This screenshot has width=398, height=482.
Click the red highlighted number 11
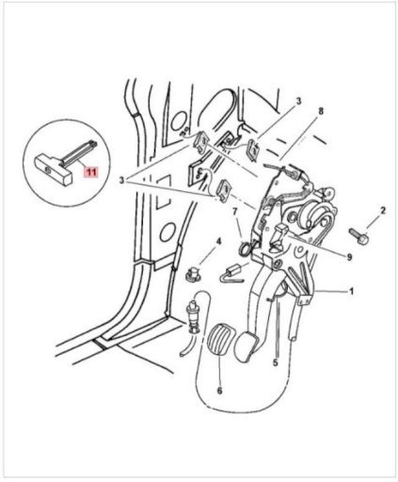90,171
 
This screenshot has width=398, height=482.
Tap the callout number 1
352,291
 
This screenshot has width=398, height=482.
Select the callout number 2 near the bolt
383,211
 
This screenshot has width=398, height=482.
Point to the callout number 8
320,111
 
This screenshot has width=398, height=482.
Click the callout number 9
349,257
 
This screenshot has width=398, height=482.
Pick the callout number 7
235,212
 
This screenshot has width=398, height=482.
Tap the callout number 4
218,242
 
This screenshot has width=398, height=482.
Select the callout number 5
276,362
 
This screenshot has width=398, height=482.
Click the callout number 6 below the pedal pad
219,391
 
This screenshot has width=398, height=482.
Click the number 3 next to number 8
298,101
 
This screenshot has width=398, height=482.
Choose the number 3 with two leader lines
122,181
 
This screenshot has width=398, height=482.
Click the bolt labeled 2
358,235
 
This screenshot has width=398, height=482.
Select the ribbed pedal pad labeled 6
219,341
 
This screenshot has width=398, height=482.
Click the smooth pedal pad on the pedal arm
247,346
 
